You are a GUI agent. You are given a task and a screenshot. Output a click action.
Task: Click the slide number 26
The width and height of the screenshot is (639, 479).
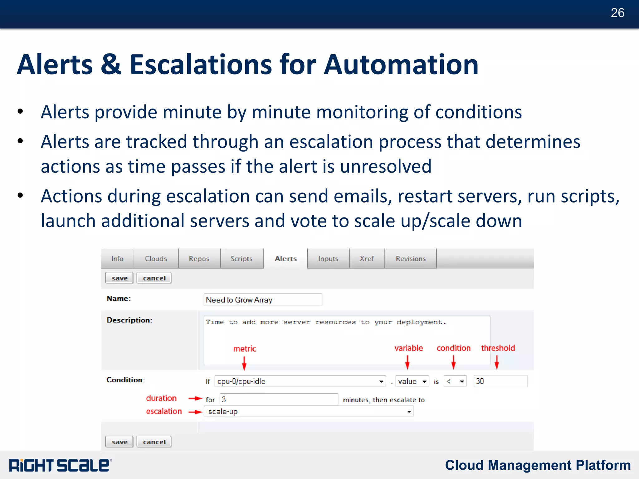click(x=617, y=13)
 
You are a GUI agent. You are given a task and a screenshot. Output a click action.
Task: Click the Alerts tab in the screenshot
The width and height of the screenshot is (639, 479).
click(x=285, y=259)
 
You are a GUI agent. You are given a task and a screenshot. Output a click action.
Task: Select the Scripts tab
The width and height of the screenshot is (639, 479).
click(x=241, y=259)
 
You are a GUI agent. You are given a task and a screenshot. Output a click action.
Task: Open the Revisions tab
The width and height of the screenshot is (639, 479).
click(x=410, y=259)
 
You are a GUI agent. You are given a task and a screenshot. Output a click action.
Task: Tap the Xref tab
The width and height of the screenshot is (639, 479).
click(x=367, y=259)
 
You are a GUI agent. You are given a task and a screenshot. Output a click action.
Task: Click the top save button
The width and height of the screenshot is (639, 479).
click(x=119, y=278)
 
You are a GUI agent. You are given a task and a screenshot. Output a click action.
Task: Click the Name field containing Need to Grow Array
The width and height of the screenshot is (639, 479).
click(x=262, y=300)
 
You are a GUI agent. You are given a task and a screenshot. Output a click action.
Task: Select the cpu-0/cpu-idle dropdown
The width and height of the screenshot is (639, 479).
click(x=300, y=381)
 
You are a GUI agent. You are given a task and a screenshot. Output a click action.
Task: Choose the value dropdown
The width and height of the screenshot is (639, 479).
click(x=412, y=381)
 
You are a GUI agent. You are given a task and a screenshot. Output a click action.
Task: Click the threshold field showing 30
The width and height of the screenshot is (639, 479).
click(x=500, y=381)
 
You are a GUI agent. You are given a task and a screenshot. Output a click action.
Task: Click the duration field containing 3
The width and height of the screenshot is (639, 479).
click(x=278, y=399)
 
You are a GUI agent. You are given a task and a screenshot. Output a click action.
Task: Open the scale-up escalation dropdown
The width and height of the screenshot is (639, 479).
click(x=309, y=412)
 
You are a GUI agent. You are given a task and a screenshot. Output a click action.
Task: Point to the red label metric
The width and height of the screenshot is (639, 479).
click(x=245, y=349)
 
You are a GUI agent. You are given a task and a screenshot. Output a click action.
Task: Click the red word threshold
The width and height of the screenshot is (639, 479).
click(x=498, y=348)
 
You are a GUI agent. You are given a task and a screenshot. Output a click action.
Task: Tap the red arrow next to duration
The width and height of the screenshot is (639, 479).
click(x=196, y=398)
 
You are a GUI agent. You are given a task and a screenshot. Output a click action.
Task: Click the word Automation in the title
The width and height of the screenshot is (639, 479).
click(x=401, y=65)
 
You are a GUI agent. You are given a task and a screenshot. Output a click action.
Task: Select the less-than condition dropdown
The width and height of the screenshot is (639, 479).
click(x=455, y=381)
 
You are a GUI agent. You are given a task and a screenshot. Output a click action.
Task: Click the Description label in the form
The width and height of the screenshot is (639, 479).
click(x=129, y=320)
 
